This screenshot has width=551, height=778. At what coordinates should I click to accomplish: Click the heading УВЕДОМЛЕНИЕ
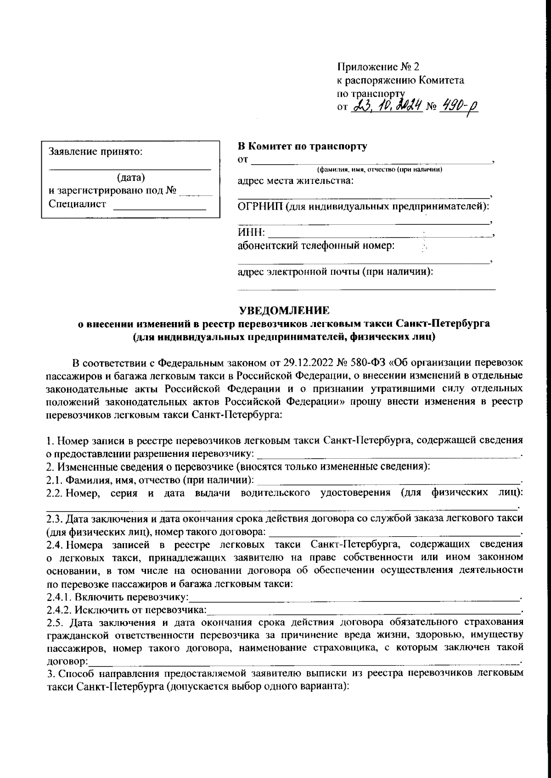click(285, 311)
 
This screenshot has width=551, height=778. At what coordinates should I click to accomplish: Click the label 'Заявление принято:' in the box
click(96, 151)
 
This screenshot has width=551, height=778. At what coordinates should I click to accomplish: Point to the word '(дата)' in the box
click(131, 178)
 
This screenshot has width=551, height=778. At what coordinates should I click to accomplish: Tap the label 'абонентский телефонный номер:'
click(316, 245)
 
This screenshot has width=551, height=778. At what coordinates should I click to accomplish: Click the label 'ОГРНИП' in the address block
click(259, 206)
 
